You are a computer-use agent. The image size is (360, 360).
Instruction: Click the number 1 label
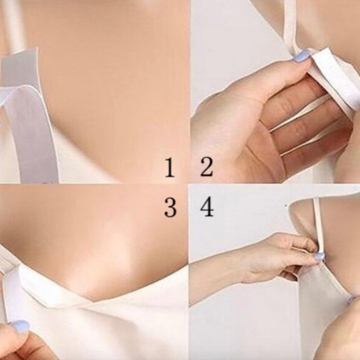click(170, 168)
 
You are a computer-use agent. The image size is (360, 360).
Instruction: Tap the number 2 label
click(207, 167)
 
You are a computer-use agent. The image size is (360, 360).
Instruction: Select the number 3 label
click(170, 207)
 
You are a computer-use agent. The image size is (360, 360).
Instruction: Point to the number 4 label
click(207, 207)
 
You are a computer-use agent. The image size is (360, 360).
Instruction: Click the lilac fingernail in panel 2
click(302, 56)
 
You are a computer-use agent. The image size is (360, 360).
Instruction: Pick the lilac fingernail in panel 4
click(320, 256)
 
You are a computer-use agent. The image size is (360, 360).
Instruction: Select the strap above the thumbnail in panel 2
click(290, 25)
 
